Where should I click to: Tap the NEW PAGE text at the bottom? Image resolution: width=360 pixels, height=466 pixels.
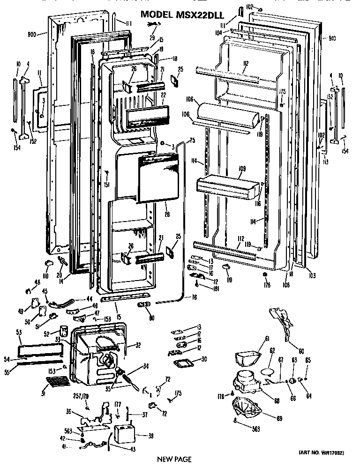click(174, 459)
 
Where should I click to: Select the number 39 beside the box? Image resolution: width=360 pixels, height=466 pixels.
click(150, 436)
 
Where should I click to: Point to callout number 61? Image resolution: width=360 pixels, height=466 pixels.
click(267, 339)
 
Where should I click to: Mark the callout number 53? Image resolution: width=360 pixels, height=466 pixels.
click(19, 332)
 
